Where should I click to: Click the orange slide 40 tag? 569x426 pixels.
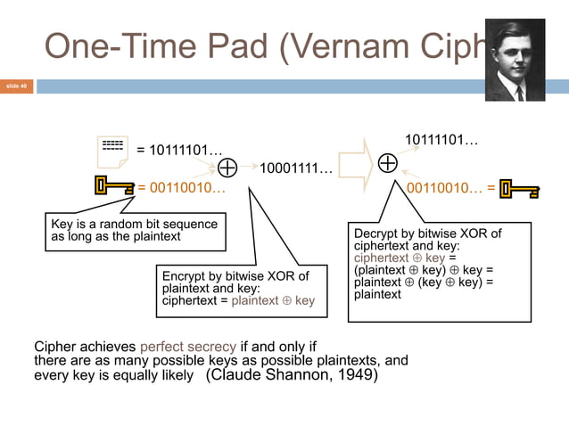coord(16,86)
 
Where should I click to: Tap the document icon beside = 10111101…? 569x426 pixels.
coord(112,151)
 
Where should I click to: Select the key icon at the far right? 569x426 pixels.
coord(519,189)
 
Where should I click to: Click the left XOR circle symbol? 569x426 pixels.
coord(227,167)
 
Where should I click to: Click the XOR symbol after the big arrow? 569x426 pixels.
coord(388,163)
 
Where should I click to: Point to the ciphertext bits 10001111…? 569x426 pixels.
coord(296,168)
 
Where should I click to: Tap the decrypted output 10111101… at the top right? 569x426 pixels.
coord(441,141)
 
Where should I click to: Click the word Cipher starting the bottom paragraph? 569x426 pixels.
coord(54,346)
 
